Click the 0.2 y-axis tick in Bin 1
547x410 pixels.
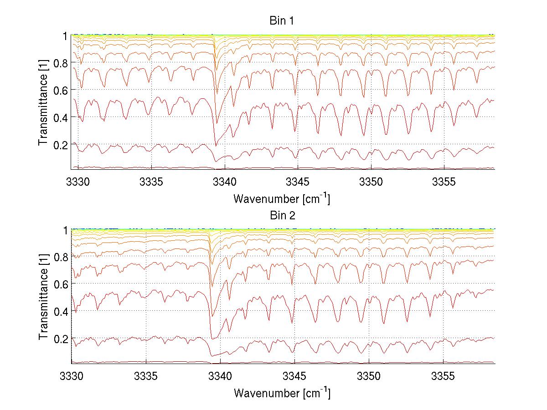(x=60, y=144)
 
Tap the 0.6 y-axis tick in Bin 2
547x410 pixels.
(x=60, y=283)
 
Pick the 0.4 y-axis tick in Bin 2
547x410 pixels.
(x=60, y=312)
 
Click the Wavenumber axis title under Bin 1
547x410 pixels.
(x=282, y=199)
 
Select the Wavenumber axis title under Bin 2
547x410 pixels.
(x=282, y=393)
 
